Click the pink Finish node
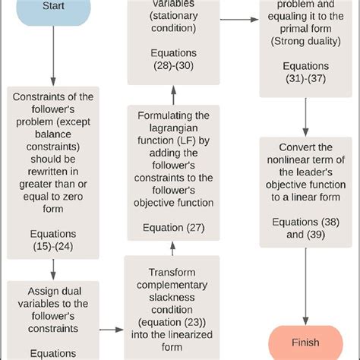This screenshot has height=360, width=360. (305, 341)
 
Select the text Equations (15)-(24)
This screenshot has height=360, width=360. (53, 241)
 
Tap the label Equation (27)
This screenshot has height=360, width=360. (174, 227)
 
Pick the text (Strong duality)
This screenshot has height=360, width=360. (305, 39)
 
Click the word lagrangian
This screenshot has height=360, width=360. (174, 128)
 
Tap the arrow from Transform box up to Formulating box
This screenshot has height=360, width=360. (174, 247)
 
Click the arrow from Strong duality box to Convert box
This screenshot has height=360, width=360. (305, 115)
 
